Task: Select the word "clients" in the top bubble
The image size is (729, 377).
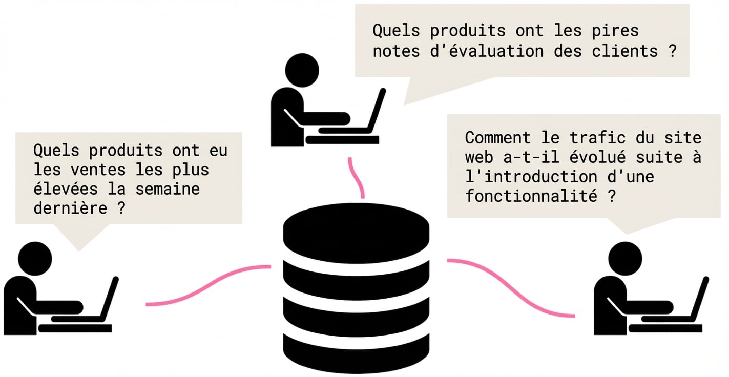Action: pyautogui.click(x=625, y=51)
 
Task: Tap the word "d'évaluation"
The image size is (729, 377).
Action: pyautogui.click(x=487, y=51)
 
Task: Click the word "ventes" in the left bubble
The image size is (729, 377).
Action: pyautogui.click(x=98, y=170)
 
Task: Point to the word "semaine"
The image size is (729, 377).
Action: pyautogui.click(x=168, y=189)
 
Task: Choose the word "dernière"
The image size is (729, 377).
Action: pyautogui.click(x=70, y=208)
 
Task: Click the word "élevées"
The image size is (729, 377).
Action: pyautogui.click(x=66, y=189)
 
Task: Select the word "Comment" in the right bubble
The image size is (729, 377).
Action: pyautogui.click(x=498, y=138)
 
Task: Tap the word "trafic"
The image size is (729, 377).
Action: pyautogui.click(x=598, y=138)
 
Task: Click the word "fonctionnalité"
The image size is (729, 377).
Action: pyautogui.click(x=531, y=196)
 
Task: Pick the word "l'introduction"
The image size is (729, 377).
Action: pyautogui.click(x=531, y=177)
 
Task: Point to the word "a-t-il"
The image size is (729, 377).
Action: pyautogui.click(x=531, y=157)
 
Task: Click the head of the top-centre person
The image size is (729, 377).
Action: pyautogui.click(x=302, y=70)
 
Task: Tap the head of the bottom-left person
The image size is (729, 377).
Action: pyautogui.click(x=35, y=259)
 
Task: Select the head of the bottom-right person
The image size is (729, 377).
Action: pyautogui.click(x=625, y=259)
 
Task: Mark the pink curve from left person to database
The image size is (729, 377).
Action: pyautogui.click(x=209, y=286)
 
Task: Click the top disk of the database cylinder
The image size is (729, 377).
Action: pyautogui.click(x=356, y=233)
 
